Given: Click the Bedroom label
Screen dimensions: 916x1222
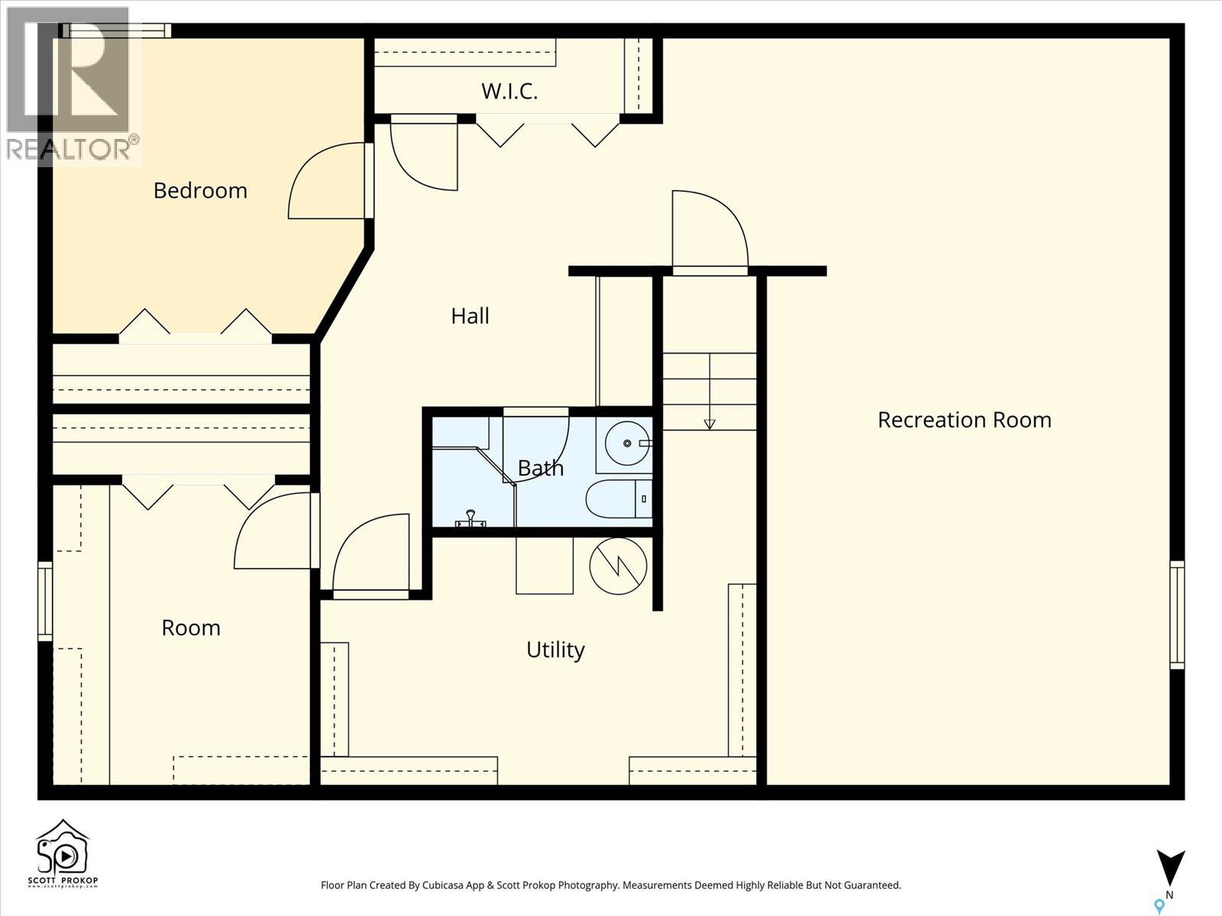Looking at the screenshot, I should click(200, 190).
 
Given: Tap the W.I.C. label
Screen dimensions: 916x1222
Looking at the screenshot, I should click(509, 92).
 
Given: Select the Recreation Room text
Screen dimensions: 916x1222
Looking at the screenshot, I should click(964, 420).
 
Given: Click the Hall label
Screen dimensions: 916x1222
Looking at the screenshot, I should click(470, 316).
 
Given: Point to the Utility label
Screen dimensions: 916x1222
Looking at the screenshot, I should click(555, 650).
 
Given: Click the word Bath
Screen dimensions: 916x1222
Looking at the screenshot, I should click(541, 468).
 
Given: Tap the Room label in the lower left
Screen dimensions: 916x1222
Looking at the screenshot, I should click(191, 627).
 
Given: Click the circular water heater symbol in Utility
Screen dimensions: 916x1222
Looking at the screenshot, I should click(618, 566).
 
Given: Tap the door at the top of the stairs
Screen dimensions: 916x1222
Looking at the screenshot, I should click(710, 229).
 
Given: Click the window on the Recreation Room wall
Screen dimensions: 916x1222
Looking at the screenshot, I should click(1177, 615).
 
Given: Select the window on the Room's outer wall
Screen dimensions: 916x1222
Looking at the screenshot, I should click(45, 602).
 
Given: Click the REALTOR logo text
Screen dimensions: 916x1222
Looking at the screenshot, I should click(73, 149).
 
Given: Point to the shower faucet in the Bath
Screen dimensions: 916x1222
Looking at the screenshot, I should click(470, 520).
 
